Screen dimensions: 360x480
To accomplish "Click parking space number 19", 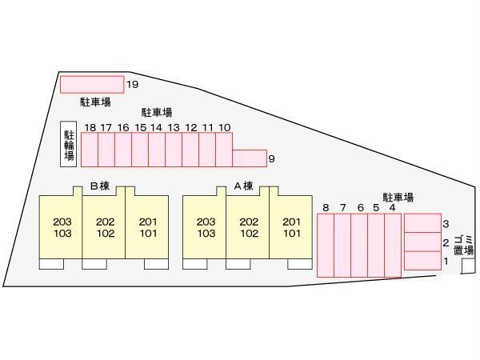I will click(x=91, y=84).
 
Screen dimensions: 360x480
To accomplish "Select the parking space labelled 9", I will click(x=249, y=158).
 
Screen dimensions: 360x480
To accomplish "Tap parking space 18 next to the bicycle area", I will click(x=89, y=150).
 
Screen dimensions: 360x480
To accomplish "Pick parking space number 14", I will click(x=156, y=150).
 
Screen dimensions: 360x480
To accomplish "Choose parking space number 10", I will click(x=224, y=150).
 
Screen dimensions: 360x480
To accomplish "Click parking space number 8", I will click(x=326, y=246).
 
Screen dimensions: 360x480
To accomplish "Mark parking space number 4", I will click(x=392, y=246).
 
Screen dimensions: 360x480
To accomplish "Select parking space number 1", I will click(x=422, y=261).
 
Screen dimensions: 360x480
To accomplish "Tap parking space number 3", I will click(x=422, y=222).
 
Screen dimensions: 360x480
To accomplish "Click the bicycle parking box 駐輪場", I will click(x=69, y=145).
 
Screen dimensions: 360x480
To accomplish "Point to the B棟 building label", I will click(x=99, y=186).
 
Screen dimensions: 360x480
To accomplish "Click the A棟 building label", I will click(x=243, y=186).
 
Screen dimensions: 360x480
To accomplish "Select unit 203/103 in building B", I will click(x=62, y=228).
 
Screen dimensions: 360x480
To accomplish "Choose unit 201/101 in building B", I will click(x=148, y=228).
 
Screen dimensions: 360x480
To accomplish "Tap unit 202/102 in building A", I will click(x=248, y=228).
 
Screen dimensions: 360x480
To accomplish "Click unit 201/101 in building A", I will click(x=291, y=228).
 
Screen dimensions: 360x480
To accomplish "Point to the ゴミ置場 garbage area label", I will click(x=463, y=245).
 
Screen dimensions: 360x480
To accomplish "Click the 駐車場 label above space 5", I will click(x=398, y=197).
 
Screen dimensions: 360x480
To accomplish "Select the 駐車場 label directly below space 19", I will click(x=94, y=102).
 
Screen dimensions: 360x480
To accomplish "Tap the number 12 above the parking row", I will click(x=190, y=127).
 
